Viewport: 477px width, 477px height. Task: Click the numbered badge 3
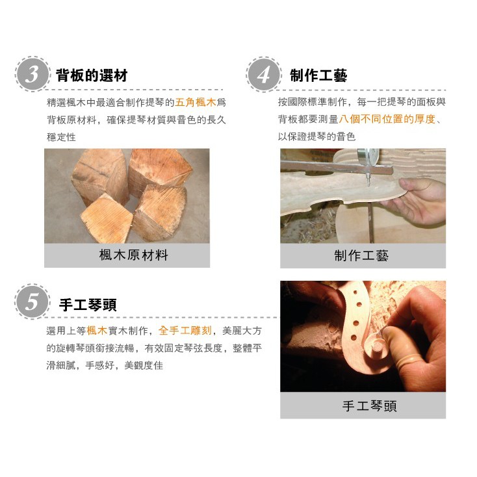32,74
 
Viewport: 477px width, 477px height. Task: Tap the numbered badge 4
263,74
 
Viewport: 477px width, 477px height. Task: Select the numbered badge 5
32,302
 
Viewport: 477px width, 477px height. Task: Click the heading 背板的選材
91,75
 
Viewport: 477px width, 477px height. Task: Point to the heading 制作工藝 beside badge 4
318,75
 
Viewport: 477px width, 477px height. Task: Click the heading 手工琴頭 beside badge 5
88,305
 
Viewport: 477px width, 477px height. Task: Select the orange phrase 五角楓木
196,102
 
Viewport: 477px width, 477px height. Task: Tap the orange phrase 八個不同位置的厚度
387,119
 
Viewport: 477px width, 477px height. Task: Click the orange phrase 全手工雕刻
185,331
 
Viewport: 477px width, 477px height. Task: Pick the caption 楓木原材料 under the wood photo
133,255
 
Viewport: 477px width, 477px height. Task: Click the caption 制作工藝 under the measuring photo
361,255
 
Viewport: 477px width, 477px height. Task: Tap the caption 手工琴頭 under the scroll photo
369,406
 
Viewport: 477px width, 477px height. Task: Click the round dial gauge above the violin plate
368,156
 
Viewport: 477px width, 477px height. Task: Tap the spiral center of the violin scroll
377,346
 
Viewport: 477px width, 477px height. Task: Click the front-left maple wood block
106,218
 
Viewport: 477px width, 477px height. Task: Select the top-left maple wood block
100,177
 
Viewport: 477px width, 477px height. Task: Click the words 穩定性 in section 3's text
61,137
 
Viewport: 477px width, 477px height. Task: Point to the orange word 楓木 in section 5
97,331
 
